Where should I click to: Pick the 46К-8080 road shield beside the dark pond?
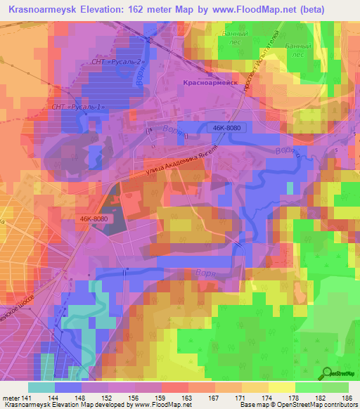(x=94, y=219)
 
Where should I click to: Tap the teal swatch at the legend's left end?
(x=41, y=387)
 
